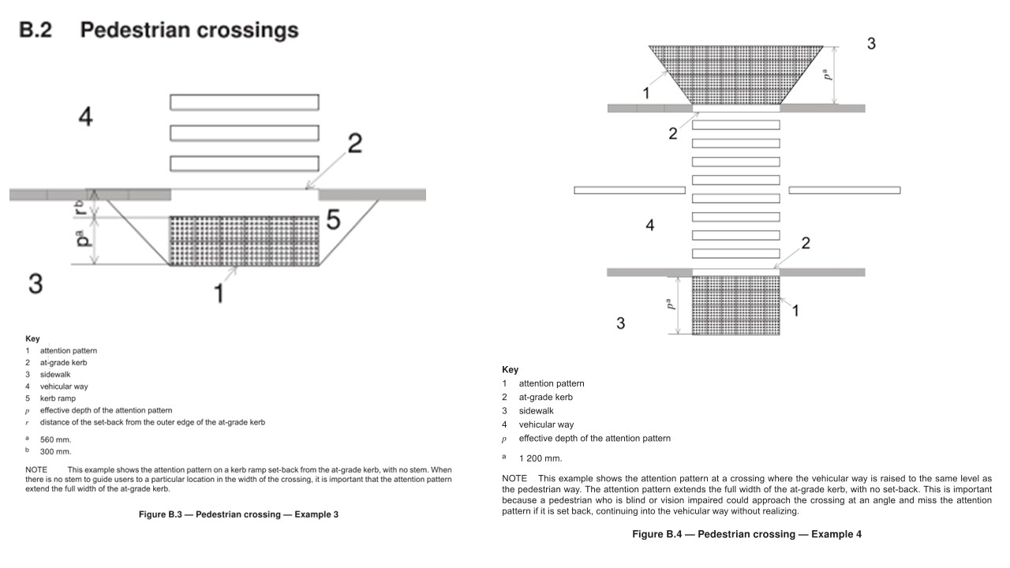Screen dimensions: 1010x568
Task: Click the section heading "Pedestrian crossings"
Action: (189, 31)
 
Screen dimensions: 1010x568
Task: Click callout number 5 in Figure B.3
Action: (333, 221)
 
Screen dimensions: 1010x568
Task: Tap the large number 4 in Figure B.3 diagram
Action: (85, 118)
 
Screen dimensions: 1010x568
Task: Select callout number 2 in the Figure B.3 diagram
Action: (355, 144)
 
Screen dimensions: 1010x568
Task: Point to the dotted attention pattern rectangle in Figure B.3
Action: (245, 241)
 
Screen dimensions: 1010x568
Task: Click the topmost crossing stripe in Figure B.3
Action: (245, 102)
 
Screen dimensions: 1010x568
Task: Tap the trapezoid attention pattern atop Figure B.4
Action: (735, 74)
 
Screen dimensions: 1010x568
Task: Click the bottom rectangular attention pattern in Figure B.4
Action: (735, 305)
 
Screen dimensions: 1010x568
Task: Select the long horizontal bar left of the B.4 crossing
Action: (629, 190)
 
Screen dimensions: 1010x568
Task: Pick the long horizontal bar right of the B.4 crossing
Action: (844, 190)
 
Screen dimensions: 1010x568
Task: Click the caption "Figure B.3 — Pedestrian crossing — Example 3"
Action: (233, 514)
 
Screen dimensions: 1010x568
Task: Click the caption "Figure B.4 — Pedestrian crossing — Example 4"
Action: (746, 534)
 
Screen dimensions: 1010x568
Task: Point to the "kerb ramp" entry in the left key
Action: (58, 398)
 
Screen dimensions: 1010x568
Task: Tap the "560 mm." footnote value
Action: (55, 439)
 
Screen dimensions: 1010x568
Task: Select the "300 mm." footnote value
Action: (55, 452)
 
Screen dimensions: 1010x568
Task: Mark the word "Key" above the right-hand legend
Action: (510, 369)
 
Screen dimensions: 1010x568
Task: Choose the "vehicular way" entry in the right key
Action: (546, 424)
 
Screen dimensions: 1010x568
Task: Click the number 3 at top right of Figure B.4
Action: (871, 44)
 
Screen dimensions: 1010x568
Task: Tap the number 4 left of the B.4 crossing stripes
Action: (649, 226)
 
